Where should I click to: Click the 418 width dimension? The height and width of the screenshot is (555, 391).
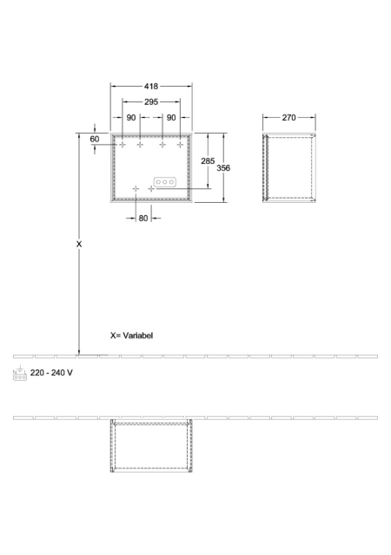[151, 87]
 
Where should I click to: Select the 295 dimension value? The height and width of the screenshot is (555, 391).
[151, 102]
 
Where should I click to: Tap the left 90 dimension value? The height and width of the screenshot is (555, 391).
[131, 118]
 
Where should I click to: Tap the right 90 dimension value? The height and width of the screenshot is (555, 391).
[171, 118]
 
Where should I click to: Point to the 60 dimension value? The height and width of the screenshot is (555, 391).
[95, 139]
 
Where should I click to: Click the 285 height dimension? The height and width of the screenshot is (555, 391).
[208, 161]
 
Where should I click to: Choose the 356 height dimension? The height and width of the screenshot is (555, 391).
[223, 167]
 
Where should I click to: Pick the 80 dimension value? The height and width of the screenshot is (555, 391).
[143, 219]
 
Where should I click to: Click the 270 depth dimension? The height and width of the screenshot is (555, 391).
[288, 118]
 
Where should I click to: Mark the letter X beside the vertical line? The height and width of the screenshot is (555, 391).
[79, 245]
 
